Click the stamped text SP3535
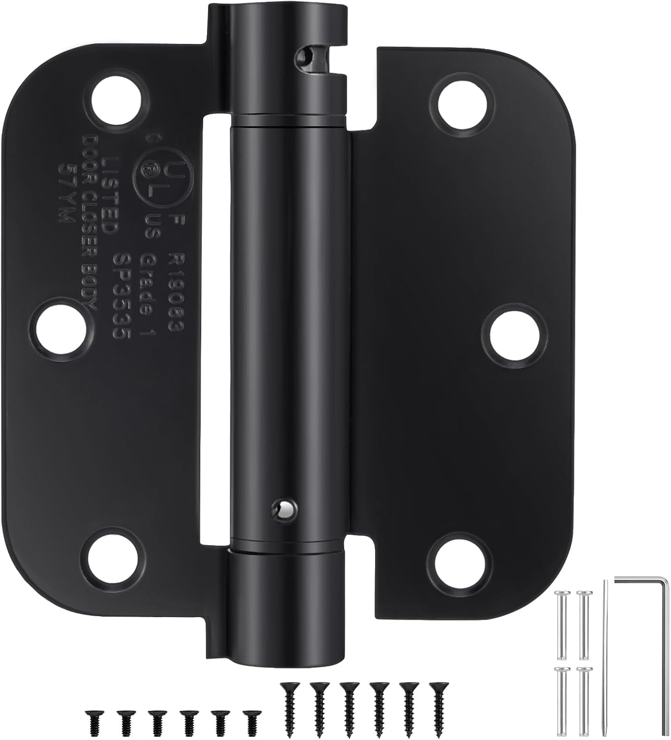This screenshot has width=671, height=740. pos(121,296)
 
